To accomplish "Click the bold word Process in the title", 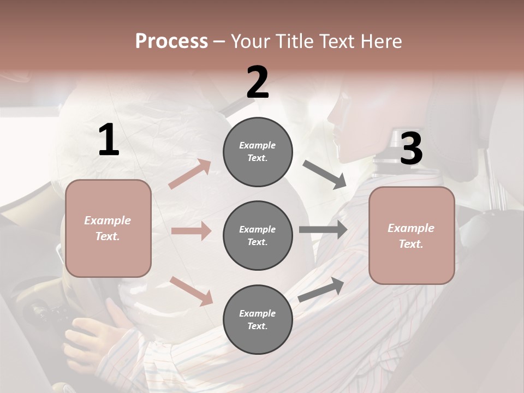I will tap(171, 41).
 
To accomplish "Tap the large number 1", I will tap(109, 140).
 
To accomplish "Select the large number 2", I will tap(258, 82).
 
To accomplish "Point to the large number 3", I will tap(411, 148).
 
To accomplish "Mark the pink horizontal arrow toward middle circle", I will tap(191, 231).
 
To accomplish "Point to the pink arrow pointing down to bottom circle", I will tap(191, 290).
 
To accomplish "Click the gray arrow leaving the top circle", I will tap(325, 174).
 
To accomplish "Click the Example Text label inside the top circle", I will tap(258, 151).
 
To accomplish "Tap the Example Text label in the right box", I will tap(411, 236).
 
